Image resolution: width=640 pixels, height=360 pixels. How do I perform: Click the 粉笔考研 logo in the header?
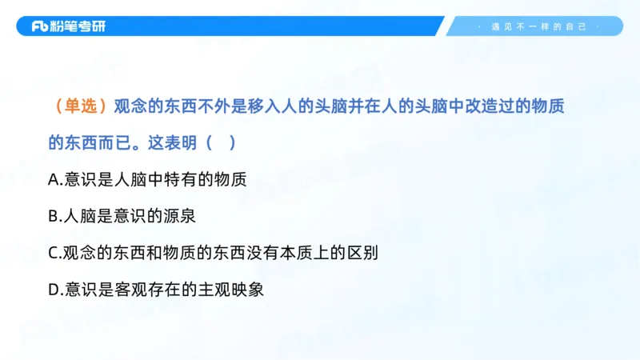click(x=68, y=26)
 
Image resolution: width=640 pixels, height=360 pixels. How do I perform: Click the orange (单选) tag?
click(x=79, y=106)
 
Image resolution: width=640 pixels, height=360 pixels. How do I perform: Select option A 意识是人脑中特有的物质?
click(x=147, y=180)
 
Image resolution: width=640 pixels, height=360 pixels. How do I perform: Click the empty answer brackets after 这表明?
click(x=221, y=143)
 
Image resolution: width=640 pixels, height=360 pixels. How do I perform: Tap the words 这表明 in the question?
click(x=174, y=143)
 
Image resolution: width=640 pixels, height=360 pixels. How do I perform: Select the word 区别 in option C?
click(x=361, y=253)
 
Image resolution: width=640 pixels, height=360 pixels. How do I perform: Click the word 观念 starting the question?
click(x=130, y=106)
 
